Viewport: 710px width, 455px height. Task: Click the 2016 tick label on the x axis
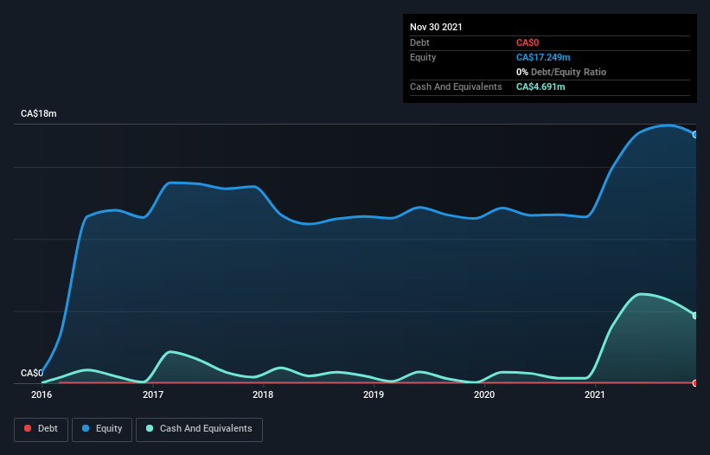click(x=42, y=395)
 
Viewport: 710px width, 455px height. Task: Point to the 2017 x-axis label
click(x=153, y=395)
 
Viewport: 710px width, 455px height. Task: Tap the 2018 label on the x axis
click(x=263, y=395)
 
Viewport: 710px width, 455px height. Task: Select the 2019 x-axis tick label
click(x=374, y=395)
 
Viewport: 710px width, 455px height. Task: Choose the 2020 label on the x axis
click(x=484, y=395)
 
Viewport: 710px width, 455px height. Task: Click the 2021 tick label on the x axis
click(x=595, y=395)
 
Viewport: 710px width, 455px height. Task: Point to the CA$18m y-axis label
click(x=38, y=114)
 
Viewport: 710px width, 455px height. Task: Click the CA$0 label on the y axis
click(x=31, y=374)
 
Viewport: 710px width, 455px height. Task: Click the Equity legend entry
click(x=101, y=428)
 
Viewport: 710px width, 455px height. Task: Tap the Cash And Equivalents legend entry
click(x=198, y=428)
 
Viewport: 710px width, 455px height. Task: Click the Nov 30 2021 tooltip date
click(x=437, y=27)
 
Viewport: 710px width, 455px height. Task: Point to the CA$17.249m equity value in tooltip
click(x=543, y=57)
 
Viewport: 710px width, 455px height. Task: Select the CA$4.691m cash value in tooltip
click(x=540, y=87)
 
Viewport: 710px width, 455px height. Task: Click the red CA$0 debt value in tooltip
click(x=528, y=42)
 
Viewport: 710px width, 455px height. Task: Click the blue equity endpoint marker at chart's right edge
click(x=694, y=135)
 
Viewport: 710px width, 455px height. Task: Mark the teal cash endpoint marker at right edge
click(x=694, y=316)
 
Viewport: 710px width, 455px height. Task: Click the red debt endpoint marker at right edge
click(x=694, y=382)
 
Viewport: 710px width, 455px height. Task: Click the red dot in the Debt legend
click(x=28, y=428)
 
